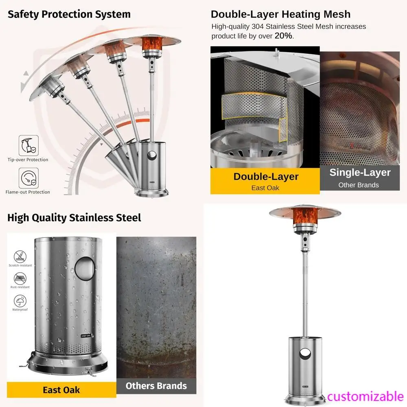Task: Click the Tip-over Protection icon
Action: (28, 145)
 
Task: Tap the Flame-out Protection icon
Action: (28, 178)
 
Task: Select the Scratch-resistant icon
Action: (20, 257)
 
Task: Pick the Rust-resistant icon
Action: (20, 278)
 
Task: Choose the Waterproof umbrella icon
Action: (20, 301)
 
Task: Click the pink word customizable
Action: (365, 396)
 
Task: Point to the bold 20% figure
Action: (283, 35)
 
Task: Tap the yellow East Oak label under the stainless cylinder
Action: (61, 390)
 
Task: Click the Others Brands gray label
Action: (156, 386)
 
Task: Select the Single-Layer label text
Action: (360, 173)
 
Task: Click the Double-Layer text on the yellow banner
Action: (266, 177)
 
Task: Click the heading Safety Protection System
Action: (69, 14)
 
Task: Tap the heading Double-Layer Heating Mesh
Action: (280, 14)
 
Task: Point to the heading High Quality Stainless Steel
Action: (74, 217)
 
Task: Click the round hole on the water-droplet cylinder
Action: (85, 269)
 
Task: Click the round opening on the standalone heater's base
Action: (305, 354)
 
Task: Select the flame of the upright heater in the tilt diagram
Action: (152, 44)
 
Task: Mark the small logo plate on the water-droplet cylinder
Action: (86, 336)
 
